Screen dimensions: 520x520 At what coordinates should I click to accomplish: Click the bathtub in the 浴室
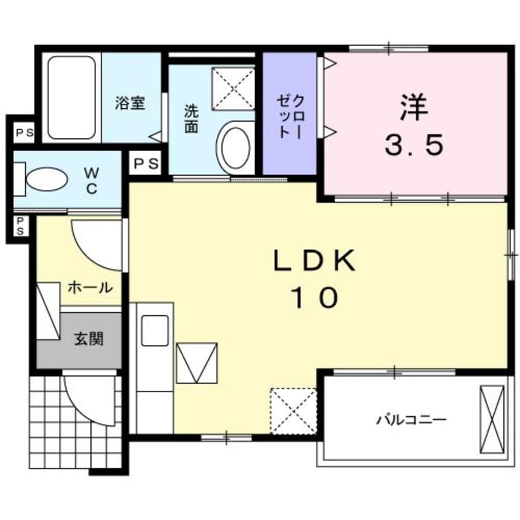[x=72, y=98]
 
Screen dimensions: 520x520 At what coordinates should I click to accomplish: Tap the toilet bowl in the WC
[x=47, y=179]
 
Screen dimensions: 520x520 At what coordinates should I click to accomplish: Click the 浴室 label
[x=130, y=103]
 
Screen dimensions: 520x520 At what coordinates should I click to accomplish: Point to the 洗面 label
[x=191, y=119]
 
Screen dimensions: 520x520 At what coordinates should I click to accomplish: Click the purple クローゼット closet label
[x=291, y=117]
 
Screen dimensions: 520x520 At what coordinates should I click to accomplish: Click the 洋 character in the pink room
[x=414, y=107]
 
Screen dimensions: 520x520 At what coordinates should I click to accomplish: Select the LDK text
[x=314, y=261]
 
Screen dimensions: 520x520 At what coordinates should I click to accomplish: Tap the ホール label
[x=90, y=287]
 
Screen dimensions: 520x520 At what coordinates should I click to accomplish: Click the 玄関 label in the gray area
[x=89, y=339]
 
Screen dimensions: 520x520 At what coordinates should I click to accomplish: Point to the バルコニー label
[x=411, y=420]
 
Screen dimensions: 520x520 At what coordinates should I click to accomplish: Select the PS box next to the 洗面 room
[x=145, y=163]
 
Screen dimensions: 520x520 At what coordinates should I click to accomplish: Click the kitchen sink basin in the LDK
[x=155, y=330]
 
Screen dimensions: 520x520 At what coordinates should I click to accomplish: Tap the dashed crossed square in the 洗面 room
[x=233, y=89]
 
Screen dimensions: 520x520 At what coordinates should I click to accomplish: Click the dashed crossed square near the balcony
[x=293, y=411]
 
